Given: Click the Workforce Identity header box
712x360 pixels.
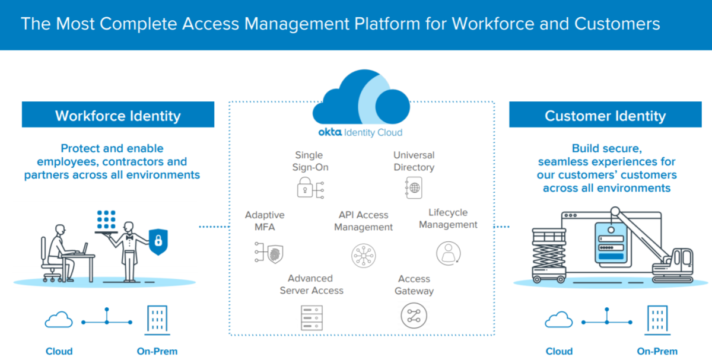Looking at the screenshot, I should [118, 115].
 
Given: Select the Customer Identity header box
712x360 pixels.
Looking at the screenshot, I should [605, 115].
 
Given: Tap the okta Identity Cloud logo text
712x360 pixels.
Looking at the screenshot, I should [361, 132].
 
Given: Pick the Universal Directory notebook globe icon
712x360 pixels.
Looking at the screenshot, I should [414, 187].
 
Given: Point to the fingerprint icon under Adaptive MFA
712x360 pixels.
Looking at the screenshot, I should [268, 253].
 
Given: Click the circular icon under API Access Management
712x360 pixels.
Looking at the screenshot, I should [363, 255].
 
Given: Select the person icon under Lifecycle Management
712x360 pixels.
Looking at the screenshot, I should [449, 253].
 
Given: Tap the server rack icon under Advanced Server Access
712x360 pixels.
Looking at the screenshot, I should [311, 317].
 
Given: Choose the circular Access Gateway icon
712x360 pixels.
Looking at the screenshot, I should [414, 316].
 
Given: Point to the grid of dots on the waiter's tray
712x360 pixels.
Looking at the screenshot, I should [106, 220].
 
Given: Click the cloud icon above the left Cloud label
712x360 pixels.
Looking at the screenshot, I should [59, 321].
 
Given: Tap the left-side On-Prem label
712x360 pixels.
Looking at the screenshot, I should [157, 351].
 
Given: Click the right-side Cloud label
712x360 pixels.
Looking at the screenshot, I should [559, 351].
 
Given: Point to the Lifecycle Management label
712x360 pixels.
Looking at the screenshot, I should [448, 218].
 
